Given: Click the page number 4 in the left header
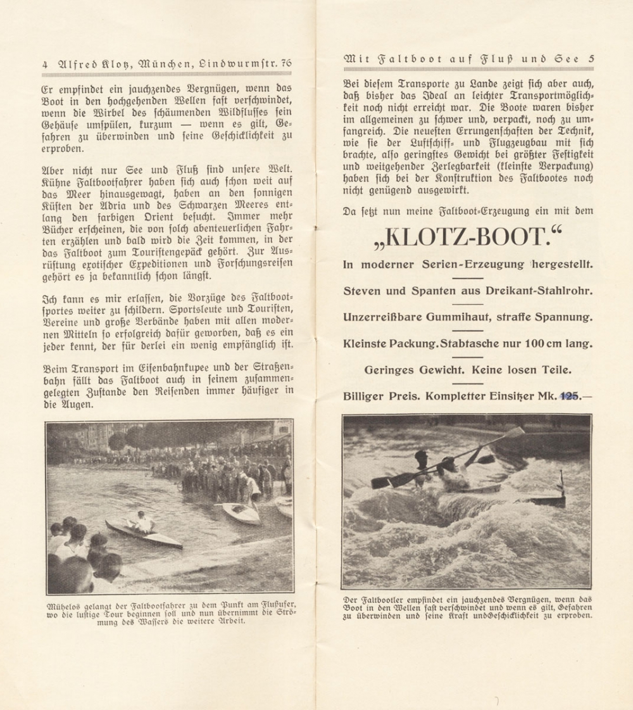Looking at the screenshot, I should coord(44,63).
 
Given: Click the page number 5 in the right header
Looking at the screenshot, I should coord(591,59).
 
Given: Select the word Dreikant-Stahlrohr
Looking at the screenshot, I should coord(537,291).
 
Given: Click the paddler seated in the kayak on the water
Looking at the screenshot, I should coord(144,523).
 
